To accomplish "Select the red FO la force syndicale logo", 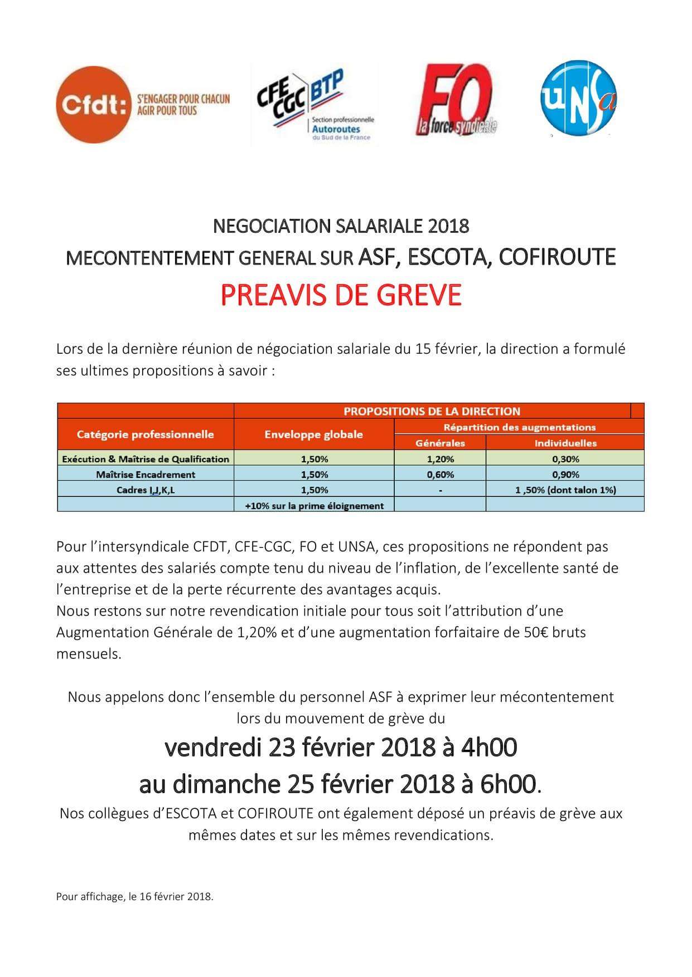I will (456, 101).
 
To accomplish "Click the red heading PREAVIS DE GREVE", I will (341, 295).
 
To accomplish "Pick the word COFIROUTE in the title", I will (556, 257).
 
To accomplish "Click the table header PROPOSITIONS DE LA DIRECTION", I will (432, 411).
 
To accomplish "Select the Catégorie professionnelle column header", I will (145, 434).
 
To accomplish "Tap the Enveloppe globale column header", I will (313, 434).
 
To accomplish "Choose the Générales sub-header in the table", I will (440, 443).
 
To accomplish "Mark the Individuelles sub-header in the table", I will (565, 443).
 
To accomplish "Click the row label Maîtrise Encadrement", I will (146, 475).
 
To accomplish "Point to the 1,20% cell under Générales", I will (440, 459).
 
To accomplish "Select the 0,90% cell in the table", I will (565, 475).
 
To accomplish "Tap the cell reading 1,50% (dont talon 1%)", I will (565, 490).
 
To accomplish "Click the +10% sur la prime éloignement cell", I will (314, 506).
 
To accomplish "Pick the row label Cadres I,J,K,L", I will (146, 490).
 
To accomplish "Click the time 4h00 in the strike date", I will (488, 748).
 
